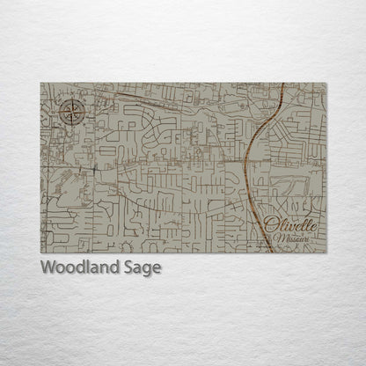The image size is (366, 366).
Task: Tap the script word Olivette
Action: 289,227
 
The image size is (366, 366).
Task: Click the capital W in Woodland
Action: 48,267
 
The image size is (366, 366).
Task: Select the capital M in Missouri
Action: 277,239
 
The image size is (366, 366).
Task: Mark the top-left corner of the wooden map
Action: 40,83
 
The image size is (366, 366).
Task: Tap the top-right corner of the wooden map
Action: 326,83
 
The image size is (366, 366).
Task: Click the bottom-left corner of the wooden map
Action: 40,253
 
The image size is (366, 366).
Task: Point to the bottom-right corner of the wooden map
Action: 326,253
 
